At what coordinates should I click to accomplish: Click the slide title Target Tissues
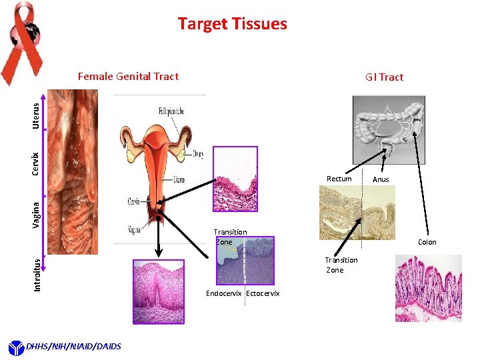[232, 25]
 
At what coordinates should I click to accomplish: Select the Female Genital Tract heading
[128, 76]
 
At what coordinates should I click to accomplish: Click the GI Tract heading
[384, 77]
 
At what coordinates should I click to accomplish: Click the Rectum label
[339, 179]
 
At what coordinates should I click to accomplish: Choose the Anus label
[381, 179]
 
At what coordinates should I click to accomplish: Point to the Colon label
[427, 242]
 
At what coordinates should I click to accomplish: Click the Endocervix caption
[224, 293]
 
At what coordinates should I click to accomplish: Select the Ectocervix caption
[263, 293]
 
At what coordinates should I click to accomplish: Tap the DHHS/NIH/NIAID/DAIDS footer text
[73, 347]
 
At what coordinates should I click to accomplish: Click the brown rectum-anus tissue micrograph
[357, 212]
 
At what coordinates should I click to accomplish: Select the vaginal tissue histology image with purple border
[157, 291]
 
